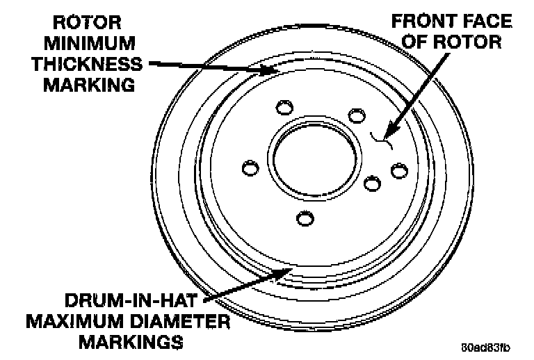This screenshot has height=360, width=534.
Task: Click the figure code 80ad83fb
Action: pyautogui.click(x=484, y=347)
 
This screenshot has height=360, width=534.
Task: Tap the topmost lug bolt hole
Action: pyautogui.click(x=284, y=108)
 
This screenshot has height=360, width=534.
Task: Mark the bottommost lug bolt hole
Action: pyautogui.click(x=305, y=219)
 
